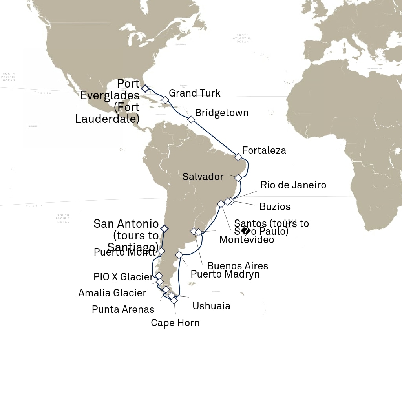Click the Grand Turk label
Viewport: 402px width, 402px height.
(194, 93)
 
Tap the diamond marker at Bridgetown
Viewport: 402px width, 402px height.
(191, 119)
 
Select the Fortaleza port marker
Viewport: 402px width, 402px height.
(238, 157)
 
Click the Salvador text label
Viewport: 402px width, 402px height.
(203, 177)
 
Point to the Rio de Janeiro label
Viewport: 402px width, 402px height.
(293, 185)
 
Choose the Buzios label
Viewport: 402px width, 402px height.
(275, 206)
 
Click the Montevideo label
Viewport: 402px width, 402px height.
(247, 239)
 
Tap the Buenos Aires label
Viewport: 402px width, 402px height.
(238, 266)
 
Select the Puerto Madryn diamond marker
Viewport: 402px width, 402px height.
(179, 255)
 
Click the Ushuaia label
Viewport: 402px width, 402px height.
(211, 306)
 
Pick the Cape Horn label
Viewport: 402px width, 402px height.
(175, 323)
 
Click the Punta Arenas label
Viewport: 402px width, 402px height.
(123, 309)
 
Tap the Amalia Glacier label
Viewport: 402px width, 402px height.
(112, 293)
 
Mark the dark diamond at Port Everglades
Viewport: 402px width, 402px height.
(145, 89)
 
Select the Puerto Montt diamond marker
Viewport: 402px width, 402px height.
(161, 251)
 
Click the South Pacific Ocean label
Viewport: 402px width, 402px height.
(63, 219)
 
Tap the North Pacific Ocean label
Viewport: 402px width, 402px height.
(8, 77)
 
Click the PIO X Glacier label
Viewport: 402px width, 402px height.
(123, 277)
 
